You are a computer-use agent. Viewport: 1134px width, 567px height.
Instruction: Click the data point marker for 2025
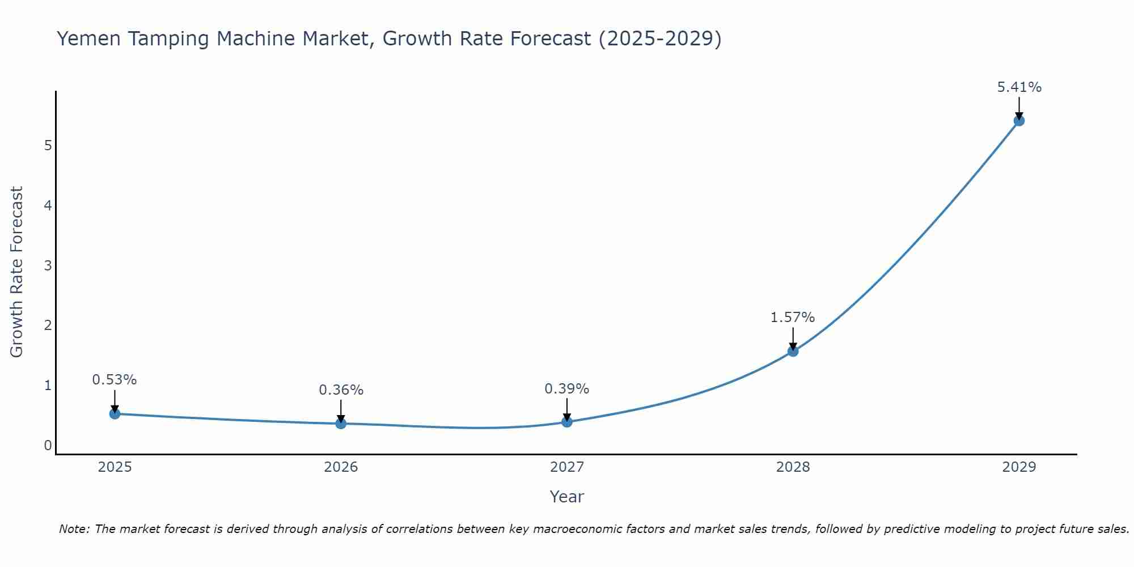(115, 414)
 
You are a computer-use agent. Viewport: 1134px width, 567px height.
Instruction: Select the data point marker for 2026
(341, 424)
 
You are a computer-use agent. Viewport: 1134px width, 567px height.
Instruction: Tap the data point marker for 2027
(567, 422)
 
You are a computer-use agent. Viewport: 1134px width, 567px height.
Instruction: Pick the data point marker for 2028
(793, 352)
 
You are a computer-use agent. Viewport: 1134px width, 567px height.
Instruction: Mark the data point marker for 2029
(1019, 121)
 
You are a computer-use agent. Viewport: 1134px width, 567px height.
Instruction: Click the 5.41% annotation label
(1019, 87)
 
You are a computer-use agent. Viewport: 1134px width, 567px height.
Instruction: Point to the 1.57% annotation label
(792, 318)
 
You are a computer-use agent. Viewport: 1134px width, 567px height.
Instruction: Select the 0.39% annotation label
(566, 389)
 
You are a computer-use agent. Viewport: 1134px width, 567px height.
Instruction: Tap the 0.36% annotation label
(341, 390)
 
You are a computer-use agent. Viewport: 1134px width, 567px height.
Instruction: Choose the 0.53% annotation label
(115, 380)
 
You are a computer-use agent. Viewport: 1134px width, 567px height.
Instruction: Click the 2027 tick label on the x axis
(567, 467)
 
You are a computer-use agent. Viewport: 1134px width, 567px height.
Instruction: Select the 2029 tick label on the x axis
(1019, 467)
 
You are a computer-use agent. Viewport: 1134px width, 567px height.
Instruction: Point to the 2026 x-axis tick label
(341, 467)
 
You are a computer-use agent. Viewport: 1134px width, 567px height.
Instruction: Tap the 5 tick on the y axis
(48, 146)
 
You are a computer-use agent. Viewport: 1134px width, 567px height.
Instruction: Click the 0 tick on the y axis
(48, 446)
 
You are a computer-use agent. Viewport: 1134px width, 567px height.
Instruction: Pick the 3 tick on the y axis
(48, 265)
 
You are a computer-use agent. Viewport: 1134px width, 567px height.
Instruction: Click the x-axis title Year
(566, 497)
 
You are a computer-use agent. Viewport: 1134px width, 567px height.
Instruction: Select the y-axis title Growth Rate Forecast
(17, 272)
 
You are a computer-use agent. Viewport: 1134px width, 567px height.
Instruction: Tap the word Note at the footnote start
(74, 529)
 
